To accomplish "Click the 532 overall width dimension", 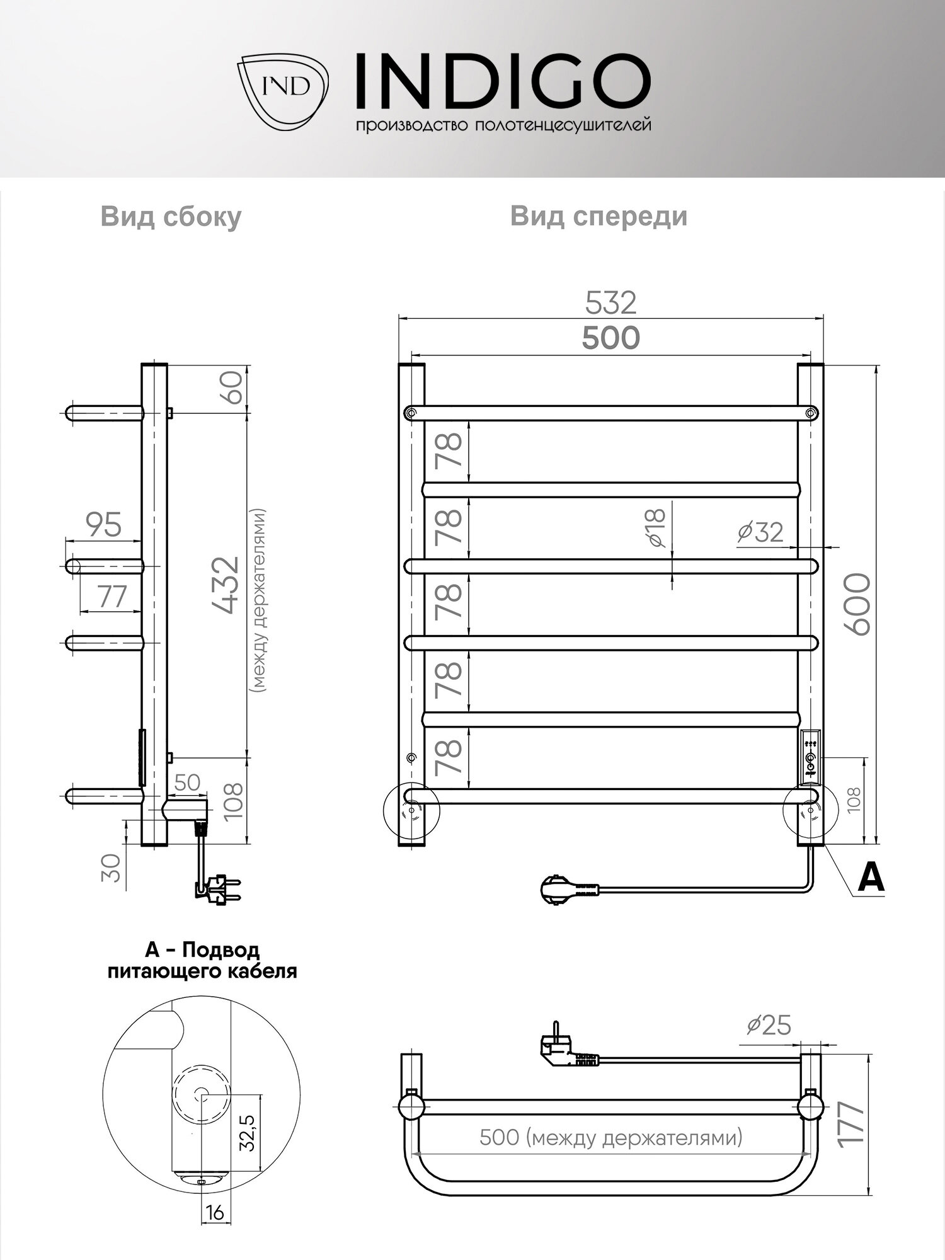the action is click(610, 302).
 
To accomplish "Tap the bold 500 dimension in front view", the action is click(610, 338).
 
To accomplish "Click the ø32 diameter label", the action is click(760, 533).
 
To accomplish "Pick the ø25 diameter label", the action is click(769, 1025).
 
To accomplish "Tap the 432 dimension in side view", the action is click(226, 584).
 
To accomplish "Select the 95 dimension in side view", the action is click(103, 525).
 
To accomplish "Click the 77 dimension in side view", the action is click(112, 596).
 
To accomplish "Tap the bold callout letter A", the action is click(871, 877).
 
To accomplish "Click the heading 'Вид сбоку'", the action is click(171, 217).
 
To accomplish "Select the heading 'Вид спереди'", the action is click(598, 216).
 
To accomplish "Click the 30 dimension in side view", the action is click(112, 868).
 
